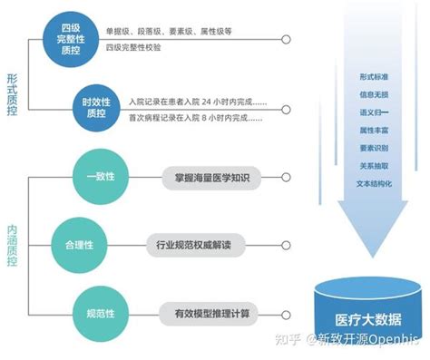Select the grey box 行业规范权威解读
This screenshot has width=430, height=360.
click(x=200, y=244)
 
